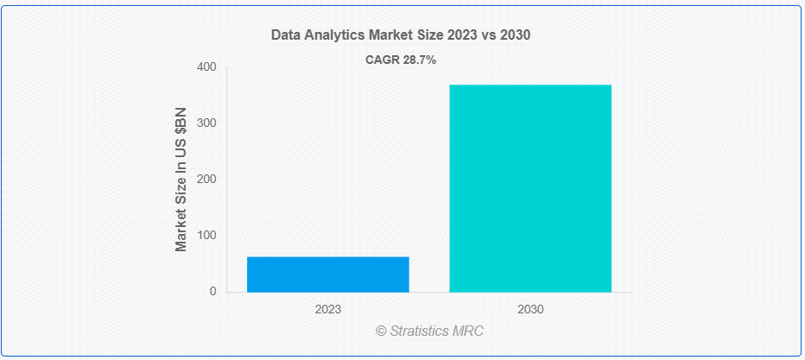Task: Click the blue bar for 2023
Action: [328, 275]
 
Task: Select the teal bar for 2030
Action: [530, 188]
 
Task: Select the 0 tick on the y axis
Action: [212, 292]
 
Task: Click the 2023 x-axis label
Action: [328, 309]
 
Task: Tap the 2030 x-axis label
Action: [530, 309]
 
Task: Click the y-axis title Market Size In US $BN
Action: [181, 180]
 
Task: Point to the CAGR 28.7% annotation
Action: [401, 60]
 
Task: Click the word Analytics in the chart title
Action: [333, 35]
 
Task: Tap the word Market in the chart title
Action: [390, 35]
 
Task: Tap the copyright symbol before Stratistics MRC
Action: [381, 331]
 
